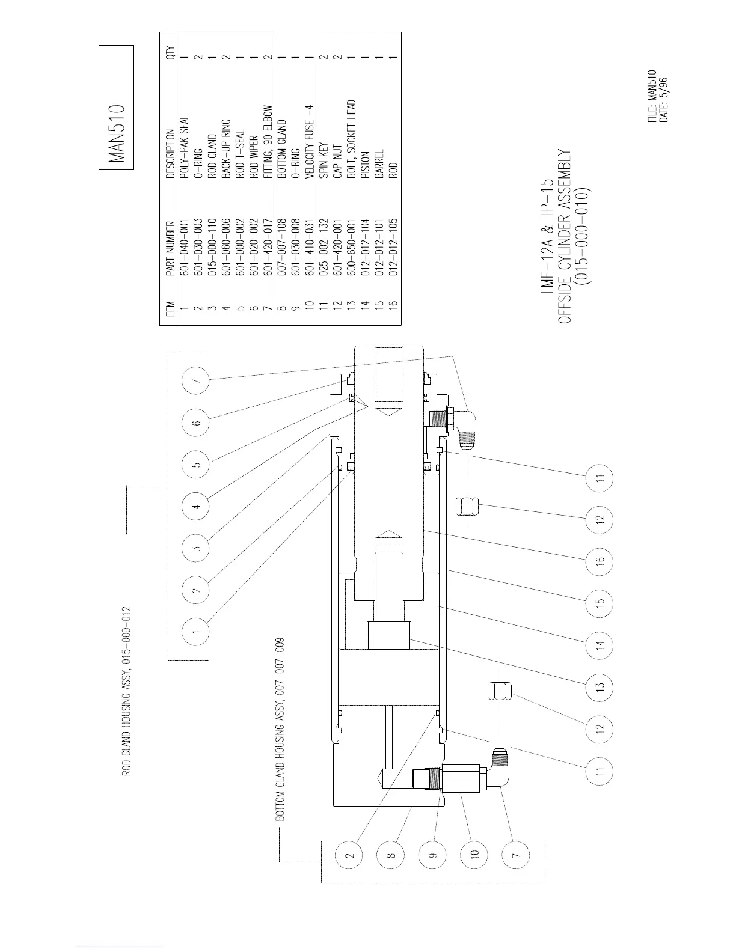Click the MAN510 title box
click(x=117, y=108)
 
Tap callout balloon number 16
click(x=600, y=560)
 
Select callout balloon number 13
click(x=600, y=686)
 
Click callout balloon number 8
click(x=390, y=853)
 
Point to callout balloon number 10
click(x=474, y=853)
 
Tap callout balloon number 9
click(x=432, y=853)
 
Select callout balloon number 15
click(x=600, y=602)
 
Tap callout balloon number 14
click(x=600, y=644)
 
